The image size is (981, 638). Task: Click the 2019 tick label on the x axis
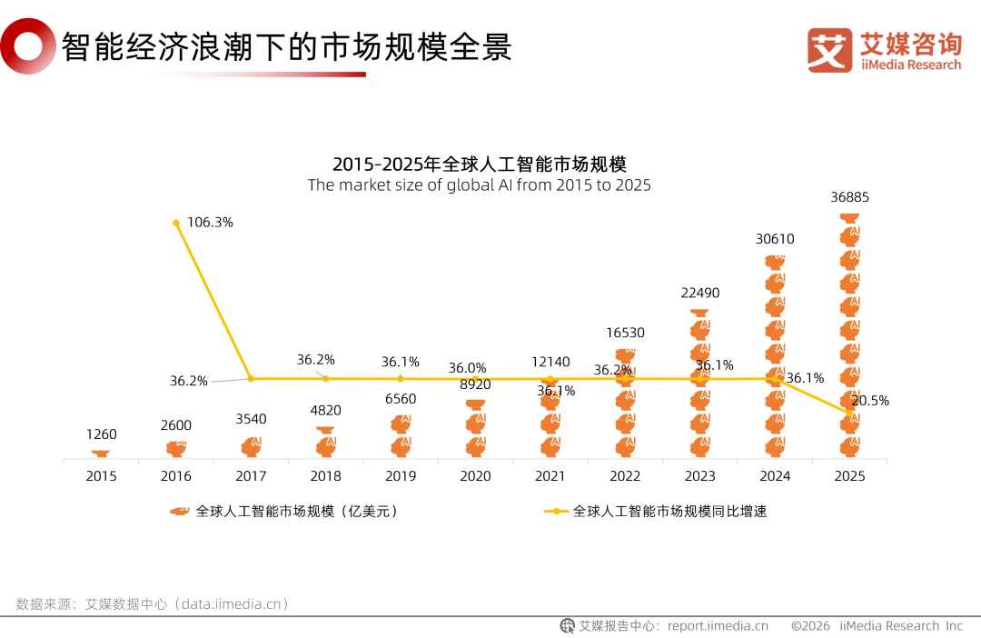(401, 475)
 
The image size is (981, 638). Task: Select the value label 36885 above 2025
(849, 196)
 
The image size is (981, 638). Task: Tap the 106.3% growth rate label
(210, 222)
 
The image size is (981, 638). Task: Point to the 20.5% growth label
(869, 401)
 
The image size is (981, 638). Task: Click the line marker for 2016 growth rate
(176, 222)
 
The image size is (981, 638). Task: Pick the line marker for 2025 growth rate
(850, 413)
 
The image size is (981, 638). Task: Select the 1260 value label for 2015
(101, 434)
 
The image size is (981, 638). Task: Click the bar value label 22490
(700, 293)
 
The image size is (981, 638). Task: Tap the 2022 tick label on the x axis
(625, 475)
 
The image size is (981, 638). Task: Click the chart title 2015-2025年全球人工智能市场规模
(480, 164)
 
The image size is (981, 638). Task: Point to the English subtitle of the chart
(480, 185)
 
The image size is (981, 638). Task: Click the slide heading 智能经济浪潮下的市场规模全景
(287, 46)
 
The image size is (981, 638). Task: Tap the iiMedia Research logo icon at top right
(829, 49)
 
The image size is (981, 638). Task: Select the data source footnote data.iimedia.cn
(232, 603)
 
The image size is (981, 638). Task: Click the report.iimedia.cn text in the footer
(718, 625)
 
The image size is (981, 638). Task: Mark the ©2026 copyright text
(811, 625)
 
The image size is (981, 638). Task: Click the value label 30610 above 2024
(775, 239)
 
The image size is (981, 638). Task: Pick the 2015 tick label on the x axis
(101, 475)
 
